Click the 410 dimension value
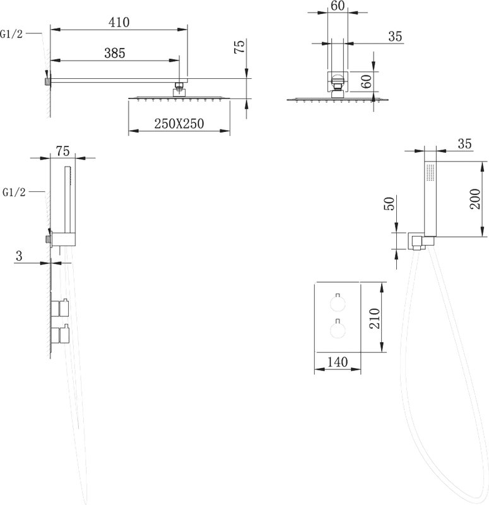click(x=119, y=22)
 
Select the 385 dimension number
click(x=115, y=53)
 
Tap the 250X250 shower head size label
click(x=179, y=124)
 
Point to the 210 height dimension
click(x=374, y=318)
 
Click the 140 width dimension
click(x=338, y=362)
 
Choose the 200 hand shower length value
click(x=475, y=199)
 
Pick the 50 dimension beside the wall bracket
click(x=390, y=203)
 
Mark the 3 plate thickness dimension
click(x=20, y=256)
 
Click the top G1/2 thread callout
click(x=11, y=34)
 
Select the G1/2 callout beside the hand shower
click(x=14, y=193)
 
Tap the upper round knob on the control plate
click(x=338, y=304)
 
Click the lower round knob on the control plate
click(x=338, y=329)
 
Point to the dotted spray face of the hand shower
click(x=430, y=172)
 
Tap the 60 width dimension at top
click(x=338, y=6)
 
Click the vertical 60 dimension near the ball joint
click(x=367, y=81)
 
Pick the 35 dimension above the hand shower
click(x=464, y=144)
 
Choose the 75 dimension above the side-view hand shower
click(x=62, y=151)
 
